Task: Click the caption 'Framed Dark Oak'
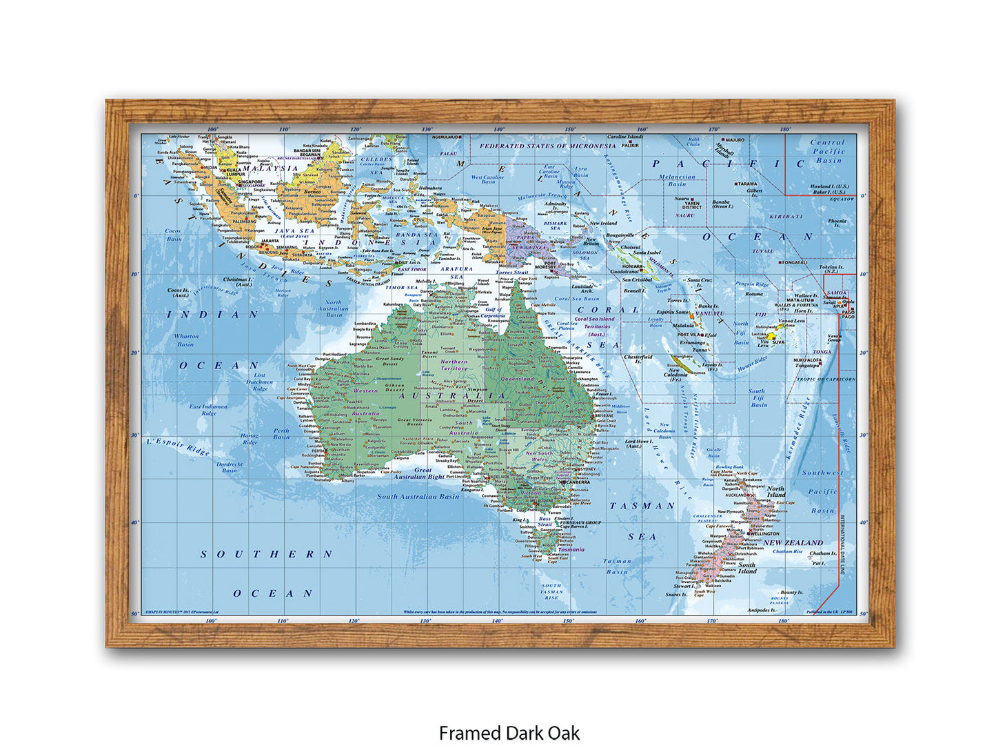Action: pyautogui.click(x=509, y=732)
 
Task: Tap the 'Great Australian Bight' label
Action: pyautogui.click(x=419, y=473)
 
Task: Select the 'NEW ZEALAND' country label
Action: pyautogui.click(x=793, y=542)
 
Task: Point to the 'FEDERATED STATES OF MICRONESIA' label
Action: pyautogui.click(x=548, y=146)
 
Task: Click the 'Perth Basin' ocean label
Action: pyautogui.click(x=281, y=433)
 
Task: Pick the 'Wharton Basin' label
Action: pyautogui.click(x=186, y=340)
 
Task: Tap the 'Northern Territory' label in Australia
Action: pyautogui.click(x=454, y=365)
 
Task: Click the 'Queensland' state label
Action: pyautogui.click(x=518, y=379)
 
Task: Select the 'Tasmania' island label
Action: pyautogui.click(x=571, y=549)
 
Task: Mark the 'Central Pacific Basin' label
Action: pyautogui.click(x=828, y=151)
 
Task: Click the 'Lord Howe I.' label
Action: pyautogui.click(x=638, y=443)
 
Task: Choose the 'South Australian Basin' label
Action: pyautogui.click(x=418, y=496)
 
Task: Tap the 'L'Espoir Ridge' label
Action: pyautogui.click(x=179, y=446)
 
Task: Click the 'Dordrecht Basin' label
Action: pyautogui.click(x=230, y=467)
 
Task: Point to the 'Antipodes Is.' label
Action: pyautogui.click(x=762, y=610)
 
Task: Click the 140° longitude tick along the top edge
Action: pyautogui.click(x=498, y=129)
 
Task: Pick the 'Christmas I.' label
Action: pyautogui.click(x=238, y=282)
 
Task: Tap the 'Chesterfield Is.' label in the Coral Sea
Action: pyautogui.click(x=638, y=359)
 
